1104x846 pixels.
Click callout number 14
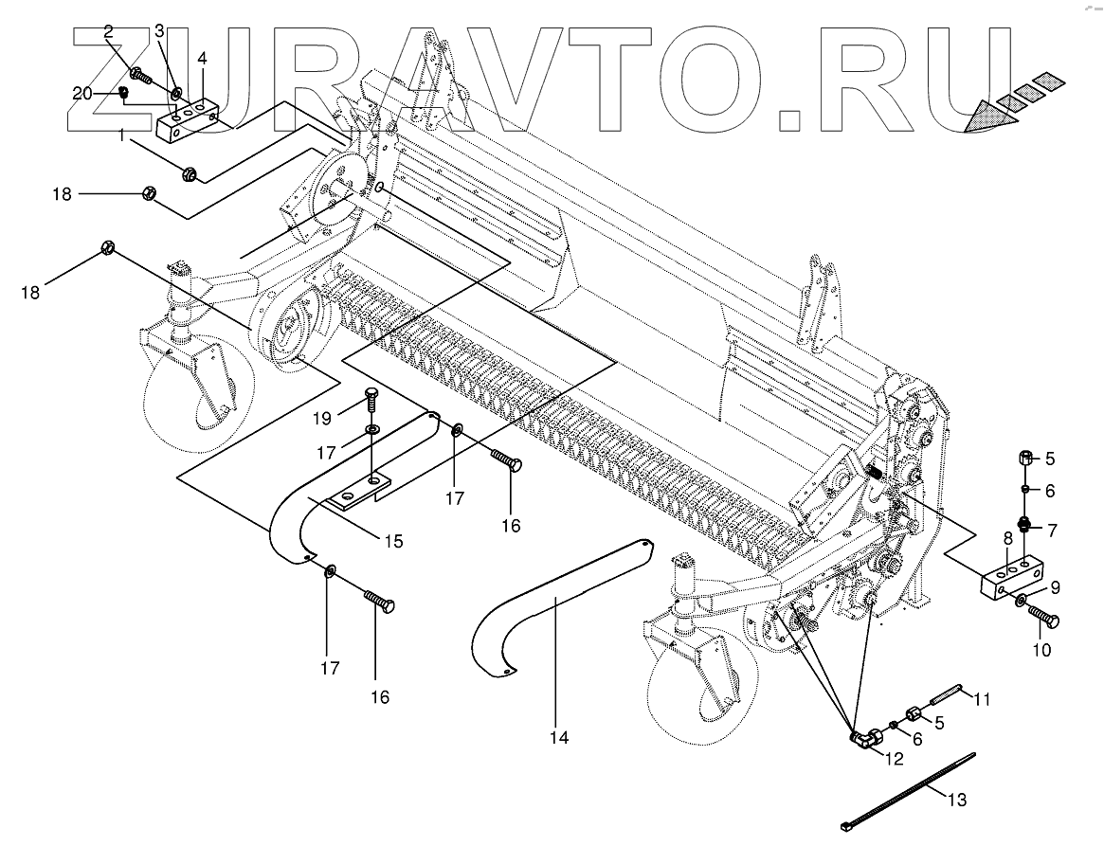(560, 737)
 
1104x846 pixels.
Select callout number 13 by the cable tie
(957, 801)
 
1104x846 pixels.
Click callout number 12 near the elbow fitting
(895, 758)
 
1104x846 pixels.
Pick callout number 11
(982, 700)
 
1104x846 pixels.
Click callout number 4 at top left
(202, 58)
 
